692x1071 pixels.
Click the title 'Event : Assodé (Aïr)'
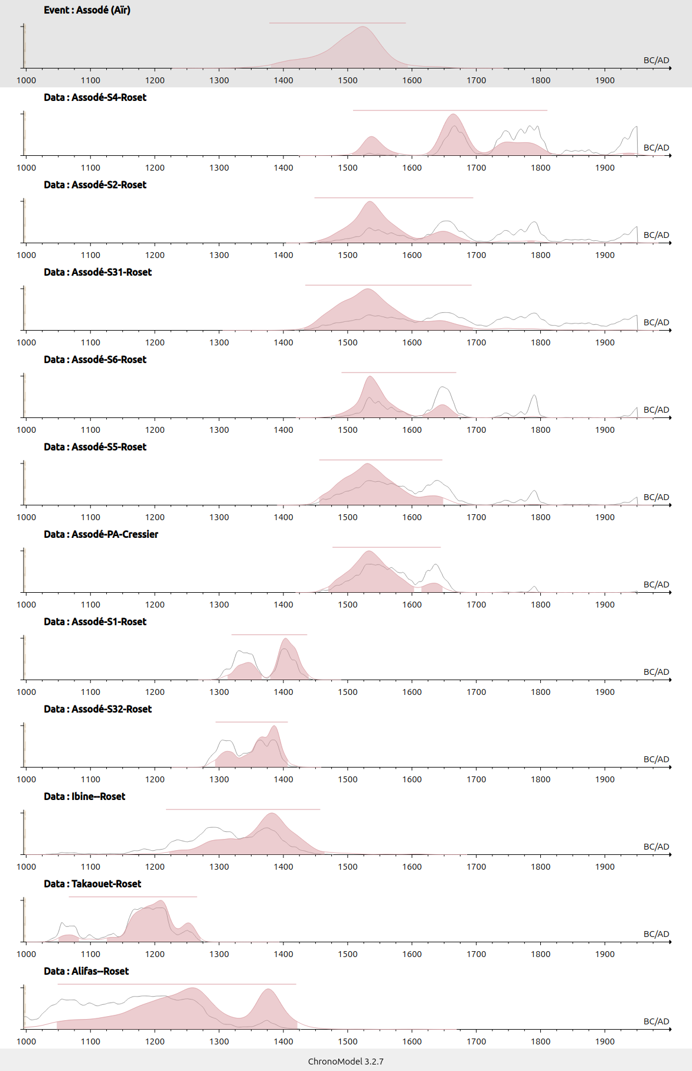tap(87, 10)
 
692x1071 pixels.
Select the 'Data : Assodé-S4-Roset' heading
tap(94, 97)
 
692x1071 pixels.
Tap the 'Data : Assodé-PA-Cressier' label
tap(100, 534)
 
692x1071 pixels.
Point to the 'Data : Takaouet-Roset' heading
tap(92, 884)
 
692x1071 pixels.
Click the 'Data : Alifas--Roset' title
tap(86, 971)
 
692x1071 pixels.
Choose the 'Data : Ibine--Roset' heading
tap(84, 796)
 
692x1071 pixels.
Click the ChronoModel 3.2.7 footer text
tap(345, 1061)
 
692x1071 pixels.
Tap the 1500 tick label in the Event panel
tap(348, 80)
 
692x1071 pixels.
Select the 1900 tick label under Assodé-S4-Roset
tap(605, 168)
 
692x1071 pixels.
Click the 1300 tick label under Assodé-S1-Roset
tap(219, 692)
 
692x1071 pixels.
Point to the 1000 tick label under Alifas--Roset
tap(26, 1041)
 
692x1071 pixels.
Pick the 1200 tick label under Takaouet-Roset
tap(155, 954)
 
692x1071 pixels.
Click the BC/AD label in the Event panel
tap(656, 60)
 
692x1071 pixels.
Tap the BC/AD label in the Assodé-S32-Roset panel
tap(656, 759)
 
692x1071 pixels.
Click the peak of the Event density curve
tap(363, 27)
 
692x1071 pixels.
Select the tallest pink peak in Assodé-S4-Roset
tap(453, 115)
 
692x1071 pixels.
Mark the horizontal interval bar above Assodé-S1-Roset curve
tap(269, 635)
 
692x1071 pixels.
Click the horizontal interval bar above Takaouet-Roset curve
tap(133, 897)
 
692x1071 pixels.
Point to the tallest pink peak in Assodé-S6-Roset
tap(370, 377)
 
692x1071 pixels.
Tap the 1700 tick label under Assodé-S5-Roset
tap(476, 517)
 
